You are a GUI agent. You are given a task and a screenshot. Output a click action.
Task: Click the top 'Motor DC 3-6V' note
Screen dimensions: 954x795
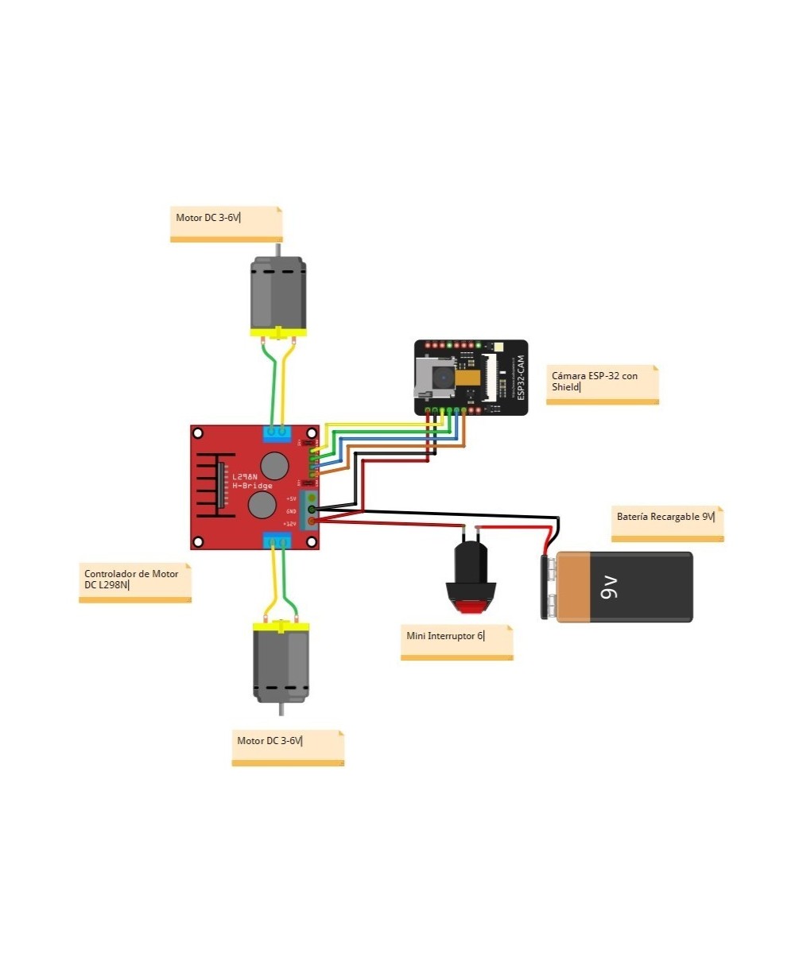click(226, 223)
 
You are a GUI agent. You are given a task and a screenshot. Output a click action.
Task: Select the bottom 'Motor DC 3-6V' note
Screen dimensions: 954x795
click(287, 747)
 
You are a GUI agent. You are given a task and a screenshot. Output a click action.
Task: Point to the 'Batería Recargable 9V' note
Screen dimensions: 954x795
click(667, 522)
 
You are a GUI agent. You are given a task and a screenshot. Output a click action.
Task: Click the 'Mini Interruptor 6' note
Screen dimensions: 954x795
click(456, 642)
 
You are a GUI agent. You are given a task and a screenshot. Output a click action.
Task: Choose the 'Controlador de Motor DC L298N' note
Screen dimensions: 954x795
click(134, 583)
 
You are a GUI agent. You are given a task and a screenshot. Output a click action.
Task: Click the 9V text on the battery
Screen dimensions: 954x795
click(608, 588)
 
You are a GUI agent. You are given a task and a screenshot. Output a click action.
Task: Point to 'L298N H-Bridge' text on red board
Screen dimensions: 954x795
click(252, 481)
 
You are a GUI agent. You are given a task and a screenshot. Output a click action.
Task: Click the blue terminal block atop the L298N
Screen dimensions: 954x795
click(277, 433)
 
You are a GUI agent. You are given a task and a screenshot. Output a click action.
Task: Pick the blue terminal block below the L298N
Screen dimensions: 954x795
click(277, 541)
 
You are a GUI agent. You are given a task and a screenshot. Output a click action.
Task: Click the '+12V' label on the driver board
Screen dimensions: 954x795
click(290, 524)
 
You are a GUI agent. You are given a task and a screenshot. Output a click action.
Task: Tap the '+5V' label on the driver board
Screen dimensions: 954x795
click(291, 498)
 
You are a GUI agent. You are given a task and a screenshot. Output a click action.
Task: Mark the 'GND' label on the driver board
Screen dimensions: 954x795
click(291, 511)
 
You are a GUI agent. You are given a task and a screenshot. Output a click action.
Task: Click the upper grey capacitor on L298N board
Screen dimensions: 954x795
click(275, 464)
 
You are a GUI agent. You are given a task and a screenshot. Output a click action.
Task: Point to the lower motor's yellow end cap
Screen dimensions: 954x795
click(280, 627)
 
